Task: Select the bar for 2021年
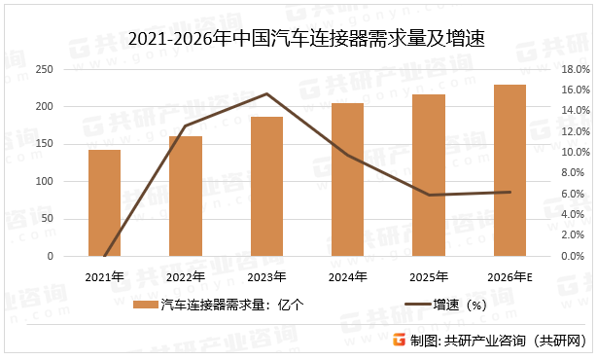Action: (x=104, y=203)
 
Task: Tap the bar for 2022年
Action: (x=186, y=197)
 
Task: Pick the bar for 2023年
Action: (x=266, y=187)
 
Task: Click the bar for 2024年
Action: (x=347, y=180)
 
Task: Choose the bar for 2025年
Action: (x=429, y=175)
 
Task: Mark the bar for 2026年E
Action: (x=509, y=170)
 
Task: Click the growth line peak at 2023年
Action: (x=266, y=94)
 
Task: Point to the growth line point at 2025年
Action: (x=429, y=195)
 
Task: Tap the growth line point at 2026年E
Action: (x=509, y=192)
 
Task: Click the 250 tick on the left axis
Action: (x=43, y=70)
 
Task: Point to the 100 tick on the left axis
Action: (x=43, y=182)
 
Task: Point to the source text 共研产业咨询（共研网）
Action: (x=517, y=341)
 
